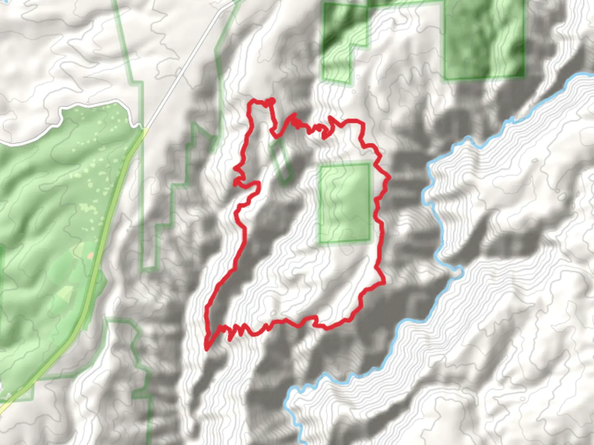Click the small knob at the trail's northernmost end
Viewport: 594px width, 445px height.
271,100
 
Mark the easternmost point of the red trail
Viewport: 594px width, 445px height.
389,178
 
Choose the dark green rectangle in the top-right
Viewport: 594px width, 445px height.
483,39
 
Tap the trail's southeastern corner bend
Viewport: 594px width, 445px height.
383,282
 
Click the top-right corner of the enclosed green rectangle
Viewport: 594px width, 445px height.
369,165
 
